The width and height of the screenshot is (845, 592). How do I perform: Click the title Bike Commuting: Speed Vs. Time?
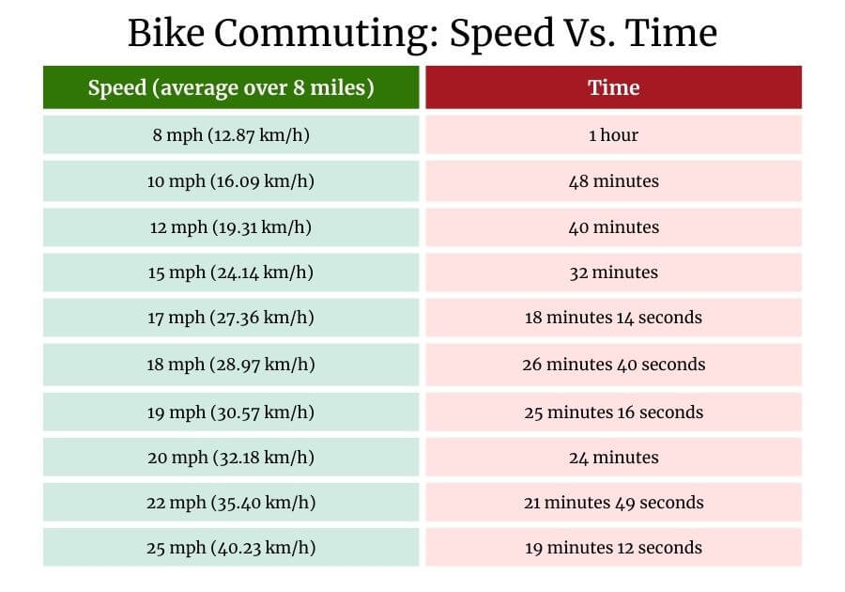[422, 34]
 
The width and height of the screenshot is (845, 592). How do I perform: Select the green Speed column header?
[231, 88]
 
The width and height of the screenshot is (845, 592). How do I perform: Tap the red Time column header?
[613, 88]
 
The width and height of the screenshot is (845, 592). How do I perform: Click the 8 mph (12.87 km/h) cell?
[231, 135]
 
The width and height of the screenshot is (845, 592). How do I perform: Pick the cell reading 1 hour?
[613, 135]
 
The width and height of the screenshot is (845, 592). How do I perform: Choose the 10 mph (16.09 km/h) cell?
[231, 181]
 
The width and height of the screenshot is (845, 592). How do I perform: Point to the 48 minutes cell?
[613, 181]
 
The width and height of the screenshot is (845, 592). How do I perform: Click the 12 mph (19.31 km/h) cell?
[231, 227]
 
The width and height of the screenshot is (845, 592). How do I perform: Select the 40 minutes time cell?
[613, 227]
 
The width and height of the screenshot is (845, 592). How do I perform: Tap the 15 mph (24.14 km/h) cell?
[231, 273]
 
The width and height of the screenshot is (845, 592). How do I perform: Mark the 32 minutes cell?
[613, 273]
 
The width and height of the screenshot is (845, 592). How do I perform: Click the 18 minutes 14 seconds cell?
[613, 318]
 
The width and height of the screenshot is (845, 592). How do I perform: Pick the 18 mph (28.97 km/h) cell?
[231, 365]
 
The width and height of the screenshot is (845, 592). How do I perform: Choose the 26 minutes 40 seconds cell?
[613, 365]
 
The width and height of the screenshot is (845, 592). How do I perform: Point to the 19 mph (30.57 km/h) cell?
[231, 412]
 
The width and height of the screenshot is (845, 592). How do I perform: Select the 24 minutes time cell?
[613, 458]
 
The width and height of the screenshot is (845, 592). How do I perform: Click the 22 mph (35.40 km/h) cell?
[231, 503]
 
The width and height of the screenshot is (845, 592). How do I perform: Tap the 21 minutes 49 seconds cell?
[613, 503]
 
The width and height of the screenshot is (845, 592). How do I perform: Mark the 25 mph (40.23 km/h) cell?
[231, 548]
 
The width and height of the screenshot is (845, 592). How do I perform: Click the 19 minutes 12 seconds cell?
[613, 548]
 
